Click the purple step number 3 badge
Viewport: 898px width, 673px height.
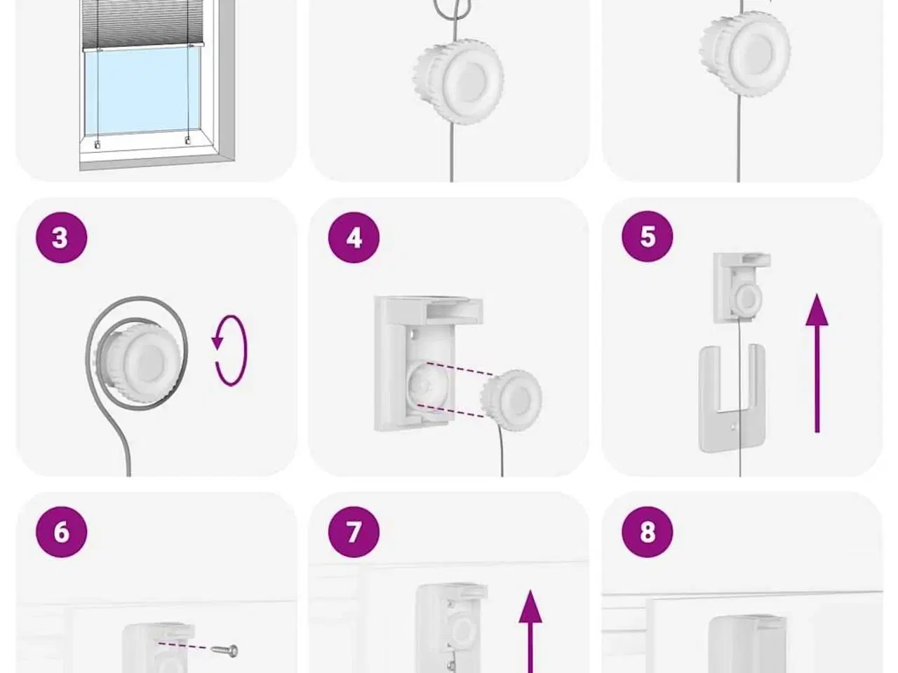tap(61, 238)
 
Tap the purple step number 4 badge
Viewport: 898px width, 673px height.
tap(354, 238)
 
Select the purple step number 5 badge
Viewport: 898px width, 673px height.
tap(648, 236)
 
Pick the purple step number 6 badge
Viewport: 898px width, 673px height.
tap(61, 532)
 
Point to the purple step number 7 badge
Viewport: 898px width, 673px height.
tap(354, 532)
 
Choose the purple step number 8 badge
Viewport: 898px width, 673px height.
tap(648, 532)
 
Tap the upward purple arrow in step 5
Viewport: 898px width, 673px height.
tap(817, 363)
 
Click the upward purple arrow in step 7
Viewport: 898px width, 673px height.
tap(530, 632)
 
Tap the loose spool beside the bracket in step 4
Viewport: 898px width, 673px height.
tap(511, 400)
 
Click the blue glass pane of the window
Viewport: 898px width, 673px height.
tap(142, 90)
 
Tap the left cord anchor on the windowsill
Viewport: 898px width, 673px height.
tap(98, 144)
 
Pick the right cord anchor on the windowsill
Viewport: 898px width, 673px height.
tap(188, 141)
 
